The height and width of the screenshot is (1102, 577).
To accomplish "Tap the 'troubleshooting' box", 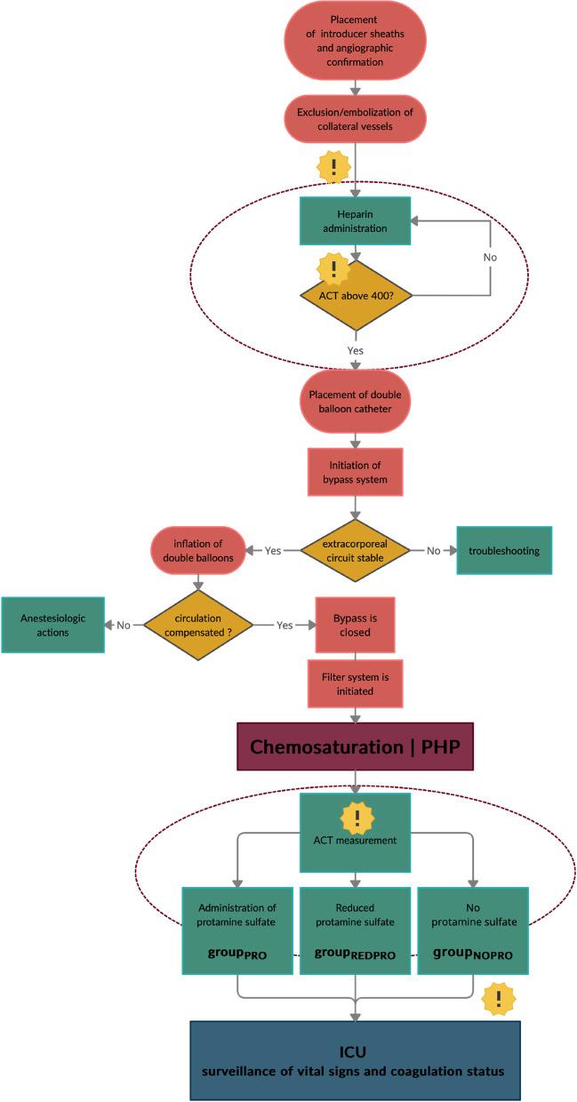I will tap(504, 550).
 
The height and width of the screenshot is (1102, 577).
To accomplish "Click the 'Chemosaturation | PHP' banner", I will tap(356, 746).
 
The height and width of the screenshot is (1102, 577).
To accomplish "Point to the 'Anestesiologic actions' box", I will tap(52, 625).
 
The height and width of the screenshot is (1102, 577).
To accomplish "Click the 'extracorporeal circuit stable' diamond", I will tap(356, 550).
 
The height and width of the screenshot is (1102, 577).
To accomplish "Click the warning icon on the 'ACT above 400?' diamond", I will tap(334, 268).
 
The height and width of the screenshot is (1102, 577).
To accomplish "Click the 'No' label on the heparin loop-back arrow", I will tap(490, 257).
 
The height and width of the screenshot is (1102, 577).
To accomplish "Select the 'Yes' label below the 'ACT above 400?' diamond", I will tap(356, 350).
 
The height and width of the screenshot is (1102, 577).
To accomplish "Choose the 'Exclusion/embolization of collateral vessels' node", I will tap(356, 119).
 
